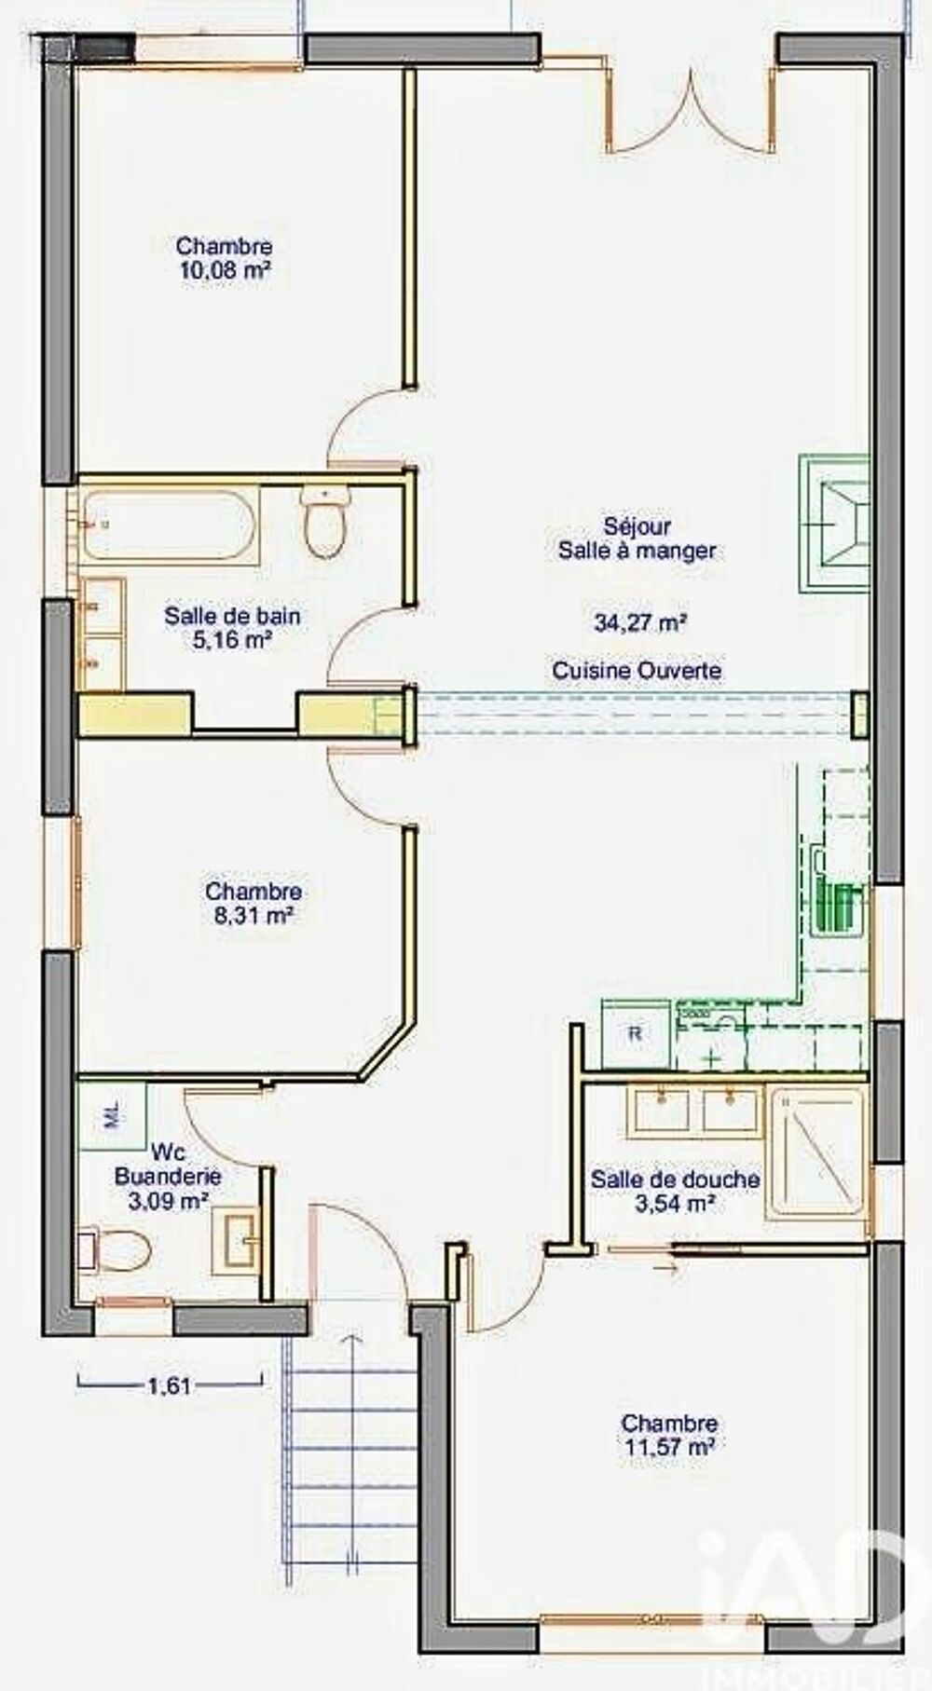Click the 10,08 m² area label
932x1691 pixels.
[225, 271]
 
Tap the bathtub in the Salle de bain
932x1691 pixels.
[168, 525]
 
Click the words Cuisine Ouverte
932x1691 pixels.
[637, 670]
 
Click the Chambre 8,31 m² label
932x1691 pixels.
[254, 903]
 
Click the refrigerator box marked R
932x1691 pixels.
[637, 1033]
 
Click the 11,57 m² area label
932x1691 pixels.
[670, 1447]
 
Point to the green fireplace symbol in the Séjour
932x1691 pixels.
[835, 525]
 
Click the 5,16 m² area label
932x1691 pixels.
[232, 639]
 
